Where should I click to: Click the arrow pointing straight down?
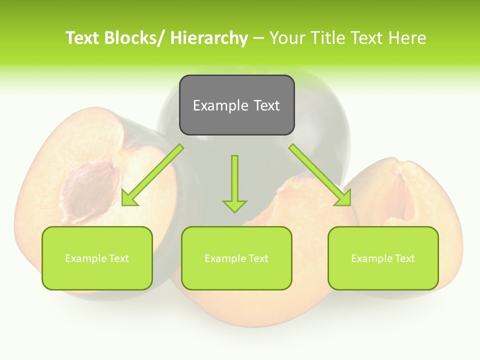(x=234, y=182)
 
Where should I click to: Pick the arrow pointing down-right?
(x=320, y=175)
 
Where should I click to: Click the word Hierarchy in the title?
(x=209, y=38)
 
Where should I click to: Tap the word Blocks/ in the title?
(x=136, y=38)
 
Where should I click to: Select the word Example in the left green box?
(x=85, y=258)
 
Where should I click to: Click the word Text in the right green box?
(x=404, y=258)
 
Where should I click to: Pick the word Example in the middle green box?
(x=225, y=258)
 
